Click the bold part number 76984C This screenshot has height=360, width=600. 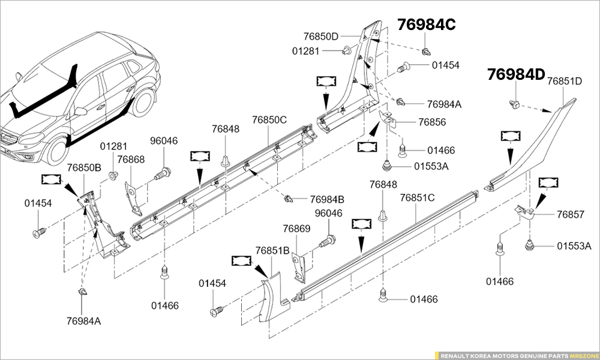tap(426, 25)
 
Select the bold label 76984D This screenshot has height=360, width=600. tap(515, 74)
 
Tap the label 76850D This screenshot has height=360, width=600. tap(320, 36)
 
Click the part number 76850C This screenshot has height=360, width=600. tap(269, 119)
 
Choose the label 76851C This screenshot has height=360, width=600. tap(417, 197)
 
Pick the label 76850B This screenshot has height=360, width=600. tap(84, 167)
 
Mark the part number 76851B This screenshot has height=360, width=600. tap(272, 250)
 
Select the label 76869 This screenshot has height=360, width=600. tap(296, 229)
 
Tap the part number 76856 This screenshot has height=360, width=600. tap(432, 122)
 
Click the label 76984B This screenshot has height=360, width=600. tap(327, 199)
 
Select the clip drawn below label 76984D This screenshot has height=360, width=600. tap(514, 103)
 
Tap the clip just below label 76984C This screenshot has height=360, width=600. tap(426, 50)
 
